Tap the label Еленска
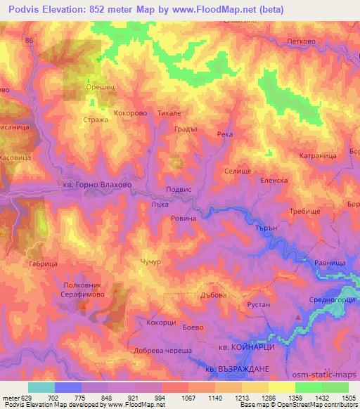(x=274, y=180)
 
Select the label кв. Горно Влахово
(x=96, y=186)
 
